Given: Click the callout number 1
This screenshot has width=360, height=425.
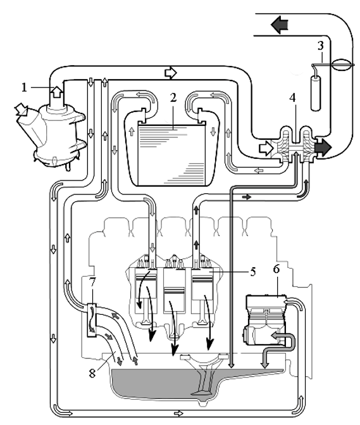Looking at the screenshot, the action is pos(25,87).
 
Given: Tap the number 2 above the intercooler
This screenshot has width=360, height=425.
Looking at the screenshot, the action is pos(173,98).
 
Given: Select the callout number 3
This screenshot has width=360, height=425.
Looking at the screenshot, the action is pos(321,46).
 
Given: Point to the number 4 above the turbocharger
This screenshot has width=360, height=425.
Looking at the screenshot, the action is pos(292,98).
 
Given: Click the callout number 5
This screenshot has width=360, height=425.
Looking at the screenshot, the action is pos(253,272).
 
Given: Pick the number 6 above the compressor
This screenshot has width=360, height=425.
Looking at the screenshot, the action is pos(276,269).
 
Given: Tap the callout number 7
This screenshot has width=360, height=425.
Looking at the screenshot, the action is pos(92,282).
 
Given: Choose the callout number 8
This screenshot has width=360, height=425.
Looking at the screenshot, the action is pos(92,373).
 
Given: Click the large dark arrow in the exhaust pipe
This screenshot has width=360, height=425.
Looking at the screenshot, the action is pos(280,25).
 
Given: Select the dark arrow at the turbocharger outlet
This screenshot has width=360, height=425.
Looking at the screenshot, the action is pos(323,147).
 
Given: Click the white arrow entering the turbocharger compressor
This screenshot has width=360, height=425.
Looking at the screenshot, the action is pos(266,148).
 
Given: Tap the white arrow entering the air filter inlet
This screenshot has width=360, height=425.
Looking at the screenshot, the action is pos(22,110).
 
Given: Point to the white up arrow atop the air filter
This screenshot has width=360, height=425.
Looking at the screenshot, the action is pos(57,92).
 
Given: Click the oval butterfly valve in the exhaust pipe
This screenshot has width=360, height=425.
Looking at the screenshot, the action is pos(342,65).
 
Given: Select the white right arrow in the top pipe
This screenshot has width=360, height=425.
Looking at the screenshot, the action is pos(171,73).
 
